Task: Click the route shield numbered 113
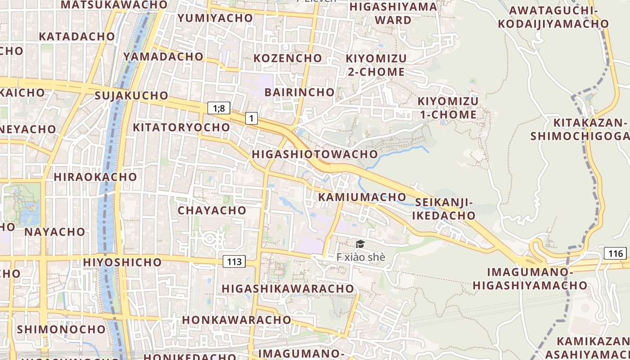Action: pyautogui.click(x=234, y=261)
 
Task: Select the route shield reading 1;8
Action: pyautogui.click(x=219, y=108)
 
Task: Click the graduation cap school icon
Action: pyautogui.click(x=360, y=244)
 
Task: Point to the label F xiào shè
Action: pyautogui.click(x=361, y=257)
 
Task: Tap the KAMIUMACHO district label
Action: pyautogui.click(x=362, y=197)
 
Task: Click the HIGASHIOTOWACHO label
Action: pyautogui.click(x=315, y=154)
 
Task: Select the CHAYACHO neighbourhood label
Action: pyautogui.click(x=212, y=210)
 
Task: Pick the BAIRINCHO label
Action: pyautogui.click(x=300, y=92)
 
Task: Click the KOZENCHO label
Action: pyautogui.click(x=288, y=58)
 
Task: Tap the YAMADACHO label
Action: pyautogui.click(x=163, y=56)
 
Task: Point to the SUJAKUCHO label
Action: pyautogui.click(x=131, y=95)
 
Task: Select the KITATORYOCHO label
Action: pyautogui.click(x=181, y=127)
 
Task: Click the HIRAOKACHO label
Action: pyautogui.click(x=95, y=177)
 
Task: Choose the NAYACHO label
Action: pyautogui.click(x=54, y=232)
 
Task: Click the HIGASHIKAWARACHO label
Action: pyautogui.click(x=288, y=288)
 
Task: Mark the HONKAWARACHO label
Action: pyautogui.click(x=237, y=319)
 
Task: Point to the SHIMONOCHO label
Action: pyautogui.click(x=61, y=329)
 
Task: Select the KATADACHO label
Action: pyautogui.click(x=77, y=36)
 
